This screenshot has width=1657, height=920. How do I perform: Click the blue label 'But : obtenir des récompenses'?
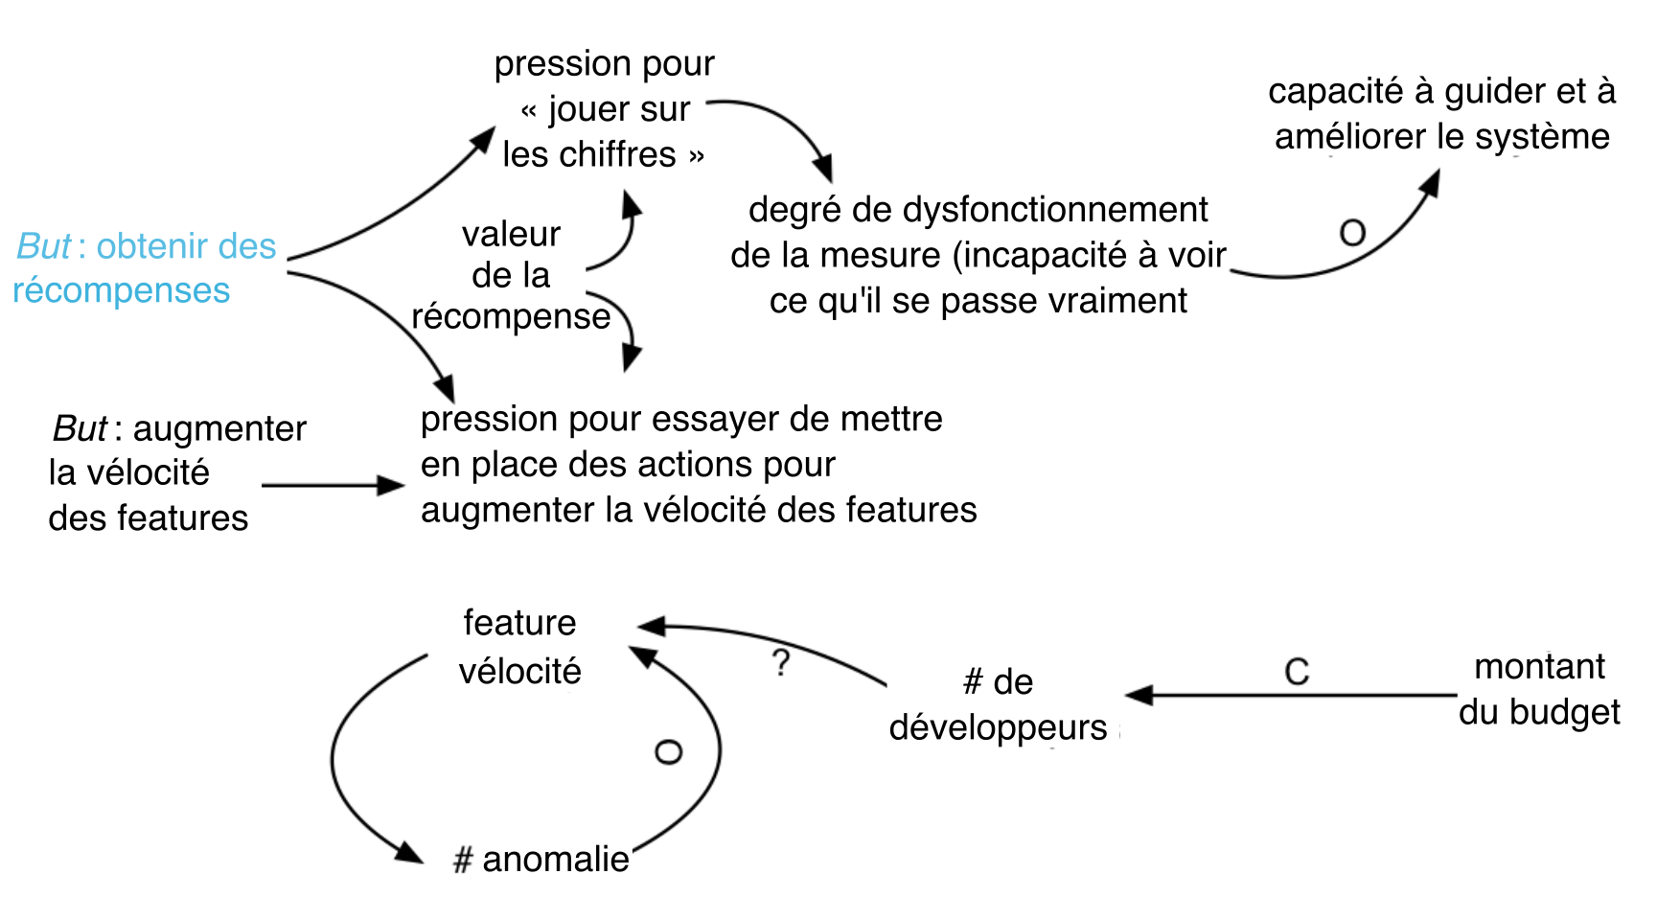pyautogui.click(x=144, y=268)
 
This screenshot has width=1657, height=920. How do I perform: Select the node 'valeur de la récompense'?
pyautogui.click(x=511, y=275)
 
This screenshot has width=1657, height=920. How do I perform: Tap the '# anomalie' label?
pyautogui.click(x=541, y=860)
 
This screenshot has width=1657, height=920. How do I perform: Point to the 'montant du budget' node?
pyautogui.click(x=1539, y=689)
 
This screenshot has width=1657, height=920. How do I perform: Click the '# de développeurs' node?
pyautogui.click(x=998, y=704)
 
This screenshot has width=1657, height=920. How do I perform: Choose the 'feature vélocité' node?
pyautogui.click(x=519, y=647)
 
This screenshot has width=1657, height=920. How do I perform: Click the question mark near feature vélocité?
pyautogui.click(x=782, y=662)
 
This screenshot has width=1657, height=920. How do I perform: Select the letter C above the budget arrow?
pyautogui.click(x=1297, y=672)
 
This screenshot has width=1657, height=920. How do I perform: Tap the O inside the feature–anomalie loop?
pyautogui.click(x=668, y=752)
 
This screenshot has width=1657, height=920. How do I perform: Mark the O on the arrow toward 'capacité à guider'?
pyautogui.click(x=1352, y=233)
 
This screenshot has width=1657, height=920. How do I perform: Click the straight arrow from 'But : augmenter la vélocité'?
pyautogui.click(x=334, y=486)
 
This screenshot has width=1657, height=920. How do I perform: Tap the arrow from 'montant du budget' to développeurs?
pyautogui.click(x=1291, y=695)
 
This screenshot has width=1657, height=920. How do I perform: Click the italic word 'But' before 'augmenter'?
pyautogui.click(x=80, y=428)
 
